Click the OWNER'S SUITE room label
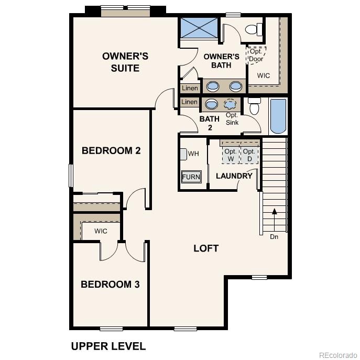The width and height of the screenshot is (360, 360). click(125, 62)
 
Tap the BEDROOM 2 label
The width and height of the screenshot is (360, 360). click(111, 151)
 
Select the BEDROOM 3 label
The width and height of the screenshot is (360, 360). click(110, 285)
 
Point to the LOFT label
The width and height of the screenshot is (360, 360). click(206, 248)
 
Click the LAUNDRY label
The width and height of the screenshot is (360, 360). click(234, 176)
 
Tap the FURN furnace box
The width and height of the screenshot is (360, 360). click(191, 177)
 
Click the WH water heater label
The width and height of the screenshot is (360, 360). click(193, 154)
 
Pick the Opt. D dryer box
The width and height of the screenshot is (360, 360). click(249, 154)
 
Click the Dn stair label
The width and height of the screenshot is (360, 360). click(274, 237)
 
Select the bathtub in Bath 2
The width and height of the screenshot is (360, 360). click(278, 116)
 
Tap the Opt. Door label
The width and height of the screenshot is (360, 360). click(256, 55)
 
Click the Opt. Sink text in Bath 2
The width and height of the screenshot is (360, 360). click(232, 119)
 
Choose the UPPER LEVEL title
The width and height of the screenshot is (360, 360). click(108, 346)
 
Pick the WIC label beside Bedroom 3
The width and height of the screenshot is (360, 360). click(101, 231)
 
